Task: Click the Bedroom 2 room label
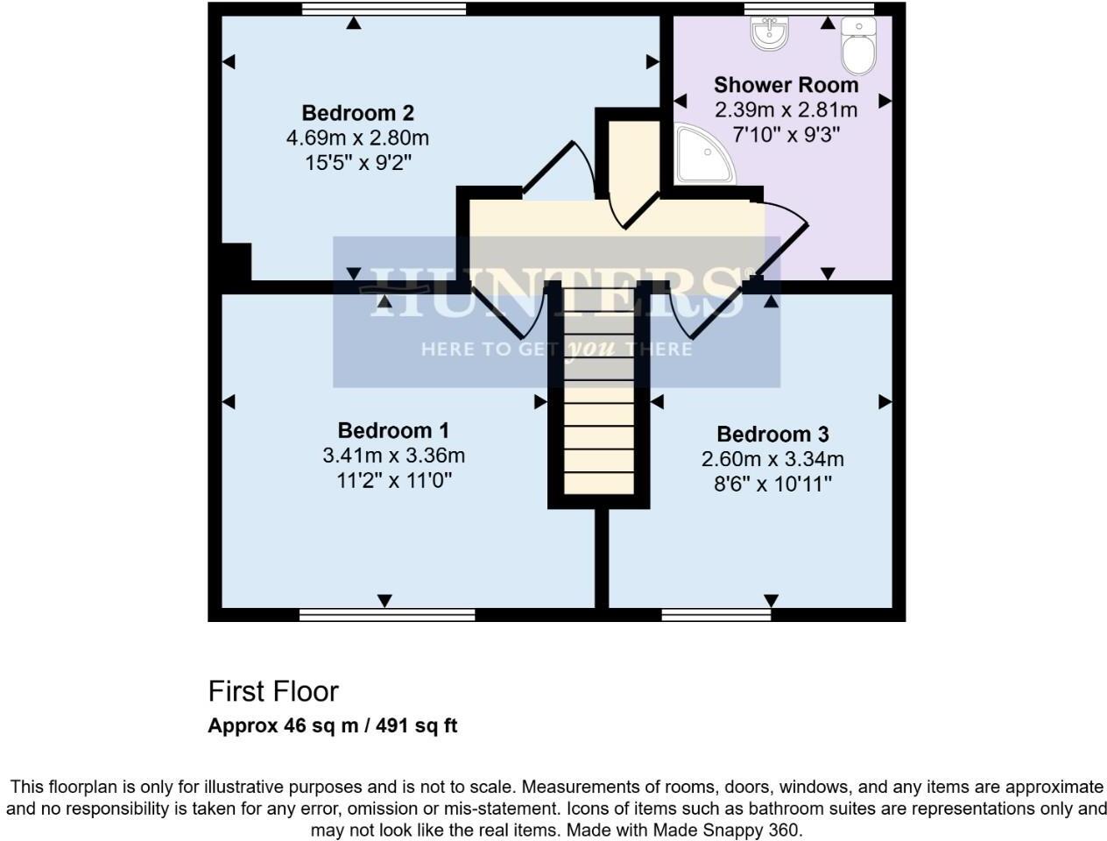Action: (x=357, y=113)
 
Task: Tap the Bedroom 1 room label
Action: (x=393, y=430)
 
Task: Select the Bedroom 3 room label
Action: (x=772, y=434)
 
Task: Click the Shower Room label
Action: (x=786, y=85)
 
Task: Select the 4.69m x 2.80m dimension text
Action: (x=357, y=138)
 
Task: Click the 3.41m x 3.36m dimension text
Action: (x=393, y=456)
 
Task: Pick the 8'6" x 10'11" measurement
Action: (x=772, y=484)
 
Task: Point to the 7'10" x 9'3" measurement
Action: (x=786, y=135)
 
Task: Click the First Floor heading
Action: (x=273, y=691)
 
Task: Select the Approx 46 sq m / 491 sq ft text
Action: (x=333, y=725)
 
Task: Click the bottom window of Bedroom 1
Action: (x=387, y=615)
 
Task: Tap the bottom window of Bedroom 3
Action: (x=716, y=615)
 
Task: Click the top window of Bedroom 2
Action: (x=384, y=9)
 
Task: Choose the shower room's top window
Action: (x=809, y=9)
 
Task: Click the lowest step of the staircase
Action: (x=599, y=484)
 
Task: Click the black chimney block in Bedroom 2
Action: (x=236, y=262)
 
